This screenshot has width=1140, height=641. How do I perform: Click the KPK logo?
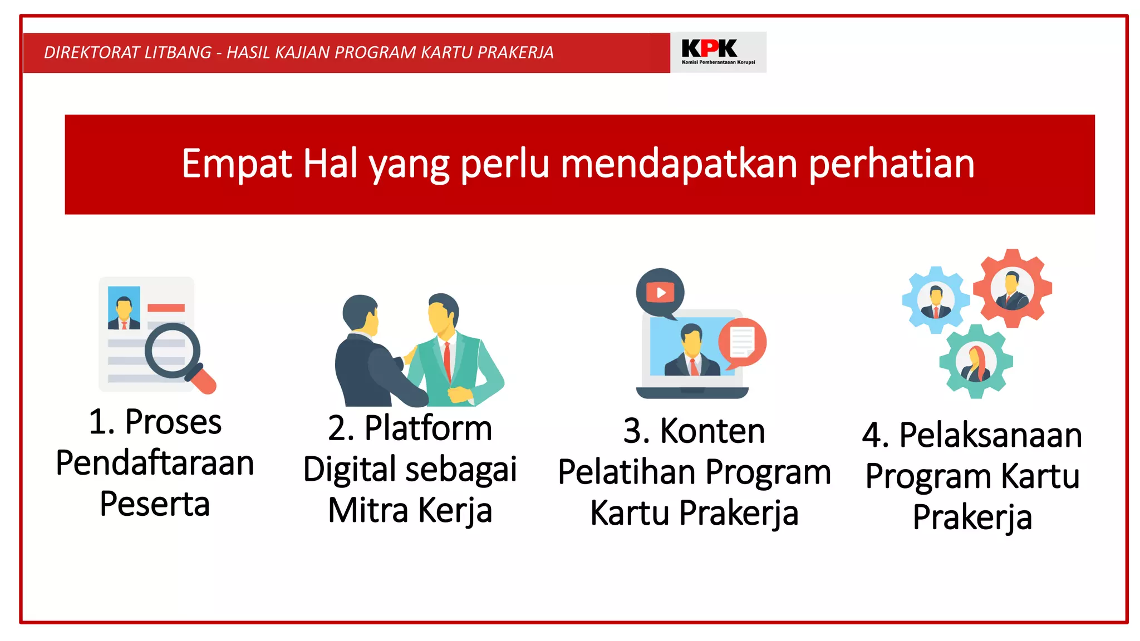point(718,52)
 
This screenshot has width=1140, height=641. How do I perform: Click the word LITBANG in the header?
point(178,52)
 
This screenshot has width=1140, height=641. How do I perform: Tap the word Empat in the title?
point(237,164)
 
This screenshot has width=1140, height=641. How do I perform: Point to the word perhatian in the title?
point(891,164)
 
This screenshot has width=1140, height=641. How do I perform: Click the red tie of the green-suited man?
point(447,361)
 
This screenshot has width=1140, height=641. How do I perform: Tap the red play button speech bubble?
point(660,293)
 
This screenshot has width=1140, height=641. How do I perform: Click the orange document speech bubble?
point(742,342)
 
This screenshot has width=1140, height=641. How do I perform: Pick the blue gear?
point(935,300)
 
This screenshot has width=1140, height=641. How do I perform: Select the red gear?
point(1012,288)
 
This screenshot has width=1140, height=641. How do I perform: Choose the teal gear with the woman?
point(976,362)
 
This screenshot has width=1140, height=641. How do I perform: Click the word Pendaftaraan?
point(155,463)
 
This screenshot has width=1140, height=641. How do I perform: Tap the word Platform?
point(428,428)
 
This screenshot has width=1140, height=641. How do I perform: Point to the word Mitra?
point(368,510)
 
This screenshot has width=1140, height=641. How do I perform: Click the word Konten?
point(712,431)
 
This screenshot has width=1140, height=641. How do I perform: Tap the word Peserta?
point(155,504)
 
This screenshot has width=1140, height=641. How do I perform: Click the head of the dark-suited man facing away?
point(360,314)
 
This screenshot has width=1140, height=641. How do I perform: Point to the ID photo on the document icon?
point(124,308)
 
